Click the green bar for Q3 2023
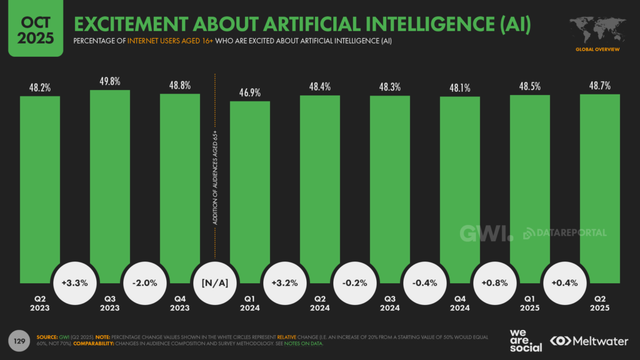(110, 181)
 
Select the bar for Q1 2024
(250, 187)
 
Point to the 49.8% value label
(110, 81)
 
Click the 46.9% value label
(250, 92)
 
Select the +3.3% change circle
(75, 282)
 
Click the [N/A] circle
(215, 282)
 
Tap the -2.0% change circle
(145, 282)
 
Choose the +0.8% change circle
(495, 282)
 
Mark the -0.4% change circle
(425, 282)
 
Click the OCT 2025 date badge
(36, 29)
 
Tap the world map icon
(597, 29)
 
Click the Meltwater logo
(589, 341)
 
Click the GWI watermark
(486, 233)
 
